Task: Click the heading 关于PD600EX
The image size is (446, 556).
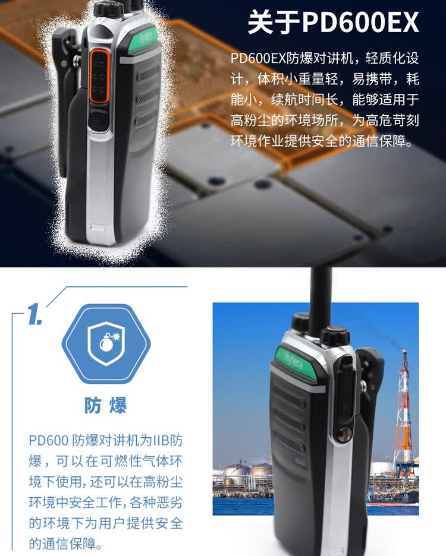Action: (333, 23)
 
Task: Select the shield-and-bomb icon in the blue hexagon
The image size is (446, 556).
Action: (107, 344)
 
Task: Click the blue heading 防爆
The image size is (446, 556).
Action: (107, 406)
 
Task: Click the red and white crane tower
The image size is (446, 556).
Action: (403, 410)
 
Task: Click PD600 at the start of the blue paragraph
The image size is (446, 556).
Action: (48, 441)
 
